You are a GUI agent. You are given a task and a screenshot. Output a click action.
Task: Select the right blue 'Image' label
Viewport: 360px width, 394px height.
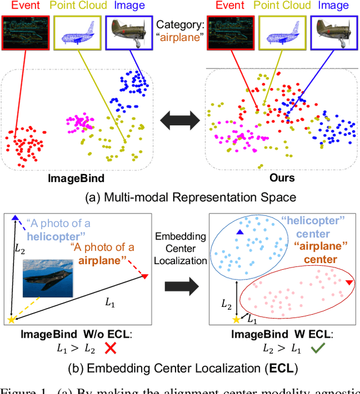(334, 6)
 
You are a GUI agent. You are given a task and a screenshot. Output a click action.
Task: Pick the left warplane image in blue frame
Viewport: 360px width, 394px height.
(130, 33)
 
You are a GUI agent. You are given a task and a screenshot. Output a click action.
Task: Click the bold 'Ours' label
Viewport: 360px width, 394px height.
(282, 178)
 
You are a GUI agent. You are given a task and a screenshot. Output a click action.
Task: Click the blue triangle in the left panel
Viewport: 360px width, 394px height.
(15, 218)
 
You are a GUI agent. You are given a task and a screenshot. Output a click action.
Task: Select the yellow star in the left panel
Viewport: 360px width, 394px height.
(11, 320)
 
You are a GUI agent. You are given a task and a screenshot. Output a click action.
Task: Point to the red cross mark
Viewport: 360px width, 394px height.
(111, 349)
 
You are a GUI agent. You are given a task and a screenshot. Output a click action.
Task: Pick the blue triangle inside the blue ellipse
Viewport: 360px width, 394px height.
(240, 232)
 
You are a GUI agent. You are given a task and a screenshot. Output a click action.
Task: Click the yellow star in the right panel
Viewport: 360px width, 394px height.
(236, 320)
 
